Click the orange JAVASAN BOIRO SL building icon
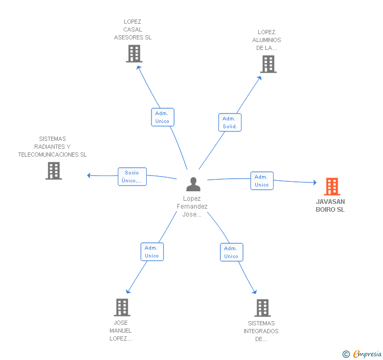coord(332,187)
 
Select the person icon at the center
coord(194,184)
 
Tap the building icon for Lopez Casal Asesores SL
coord(134,54)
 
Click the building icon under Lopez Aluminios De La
coord(268,64)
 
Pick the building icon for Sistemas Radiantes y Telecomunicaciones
coord(54,171)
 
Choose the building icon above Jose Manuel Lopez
coord(122,307)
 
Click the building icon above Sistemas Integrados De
coord(263,308)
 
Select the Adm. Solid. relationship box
coord(230,122)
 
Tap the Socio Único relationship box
coord(132,177)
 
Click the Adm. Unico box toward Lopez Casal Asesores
coord(162,117)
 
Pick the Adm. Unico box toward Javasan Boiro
coord(261,181)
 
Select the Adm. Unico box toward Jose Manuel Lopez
coord(152,252)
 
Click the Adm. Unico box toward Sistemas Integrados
coord(231,252)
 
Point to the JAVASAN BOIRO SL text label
coord(330,205)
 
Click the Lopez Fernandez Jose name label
coord(192,207)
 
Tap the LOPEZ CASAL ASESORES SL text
coord(133,30)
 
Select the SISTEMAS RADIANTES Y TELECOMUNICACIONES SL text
coord(53,147)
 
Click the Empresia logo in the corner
coord(362,354)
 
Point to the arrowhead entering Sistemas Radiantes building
coord(89,176)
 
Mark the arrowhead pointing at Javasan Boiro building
coord(315,183)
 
